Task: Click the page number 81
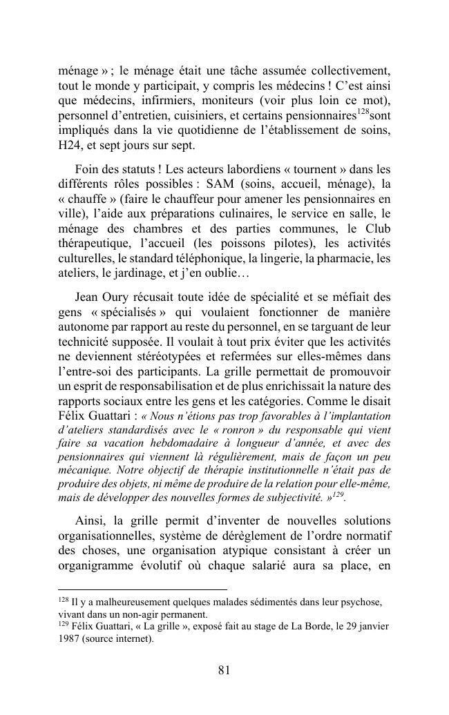coord(224,670)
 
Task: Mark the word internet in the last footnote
coord(131,638)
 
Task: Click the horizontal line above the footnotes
coord(142,590)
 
